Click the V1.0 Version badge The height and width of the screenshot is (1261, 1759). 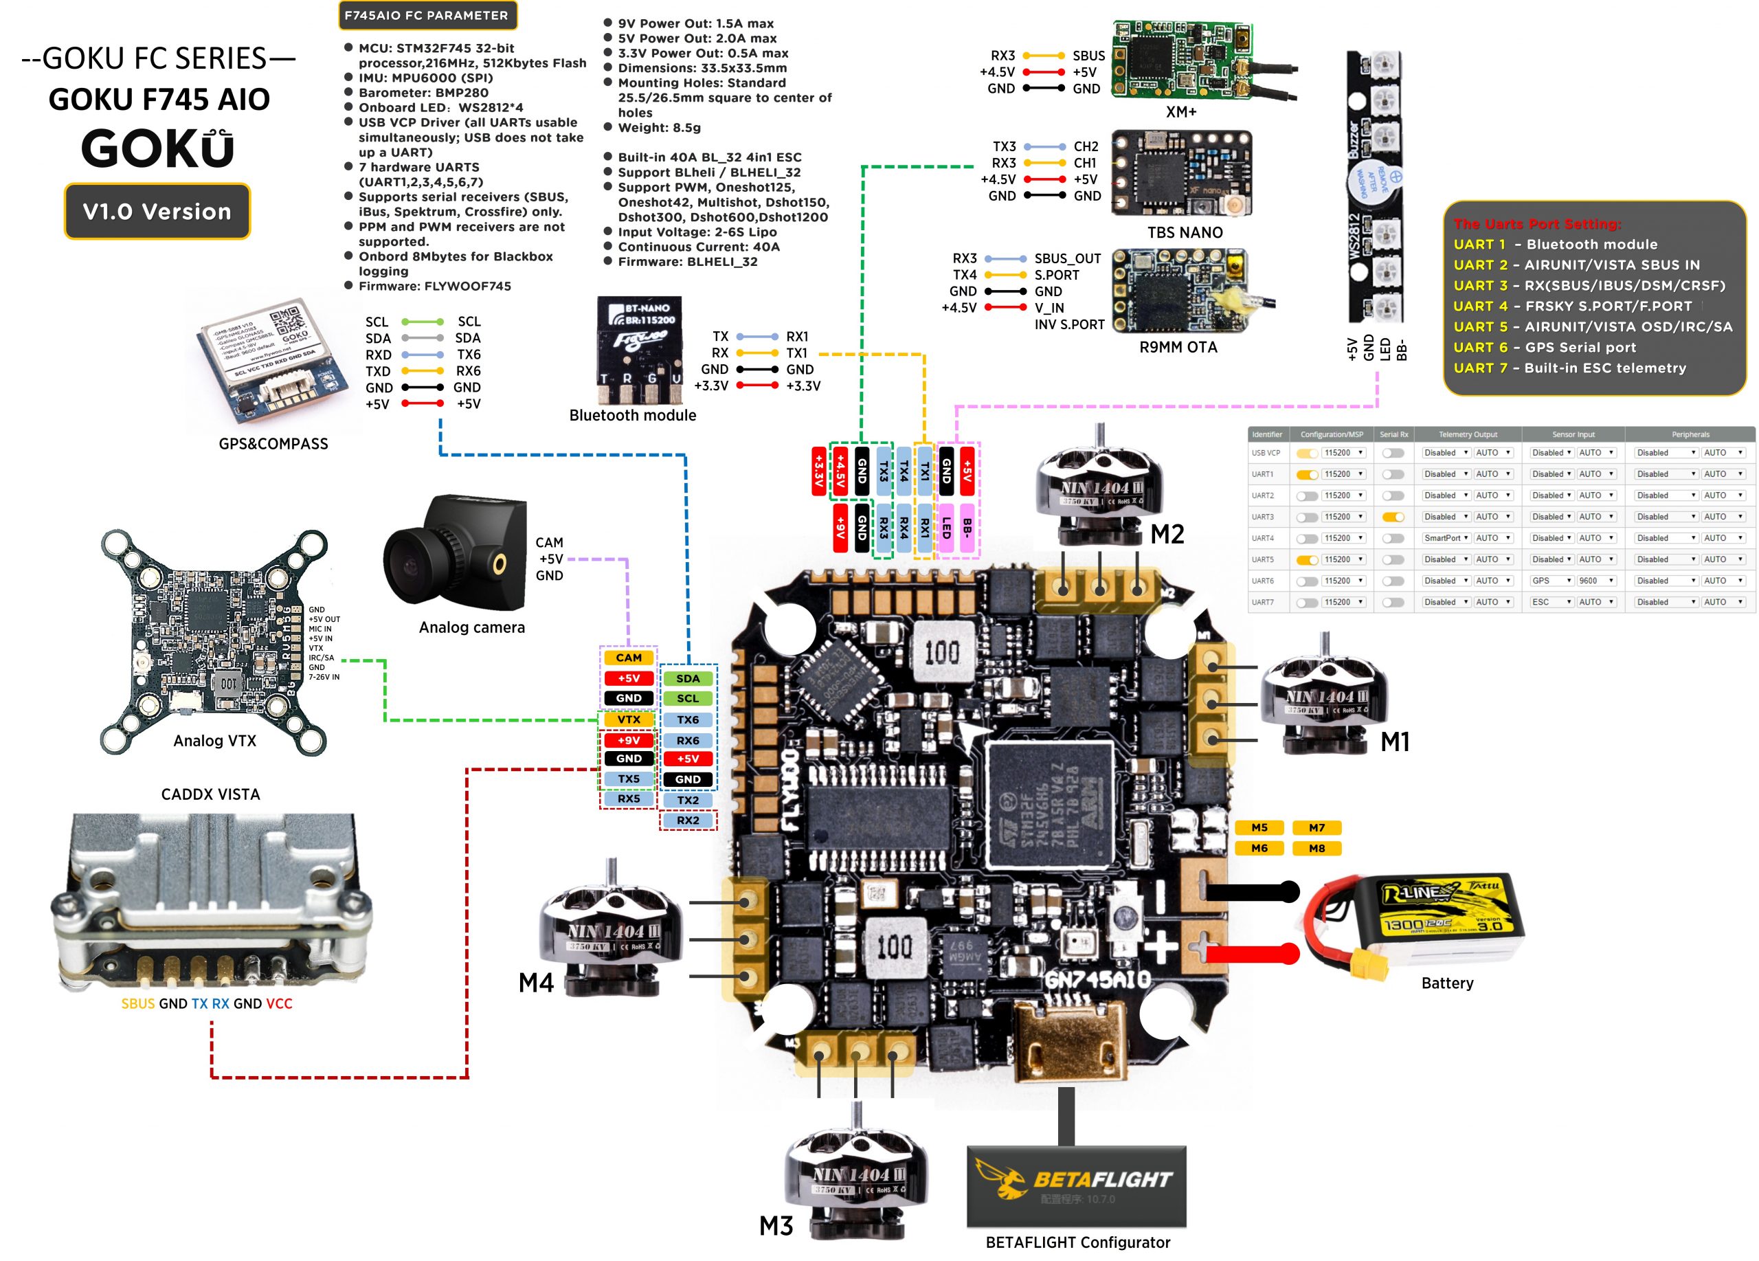tap(157, 211)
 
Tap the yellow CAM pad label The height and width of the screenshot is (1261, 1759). tap(628, 658)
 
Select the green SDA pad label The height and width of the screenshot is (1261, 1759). tap(687, 678)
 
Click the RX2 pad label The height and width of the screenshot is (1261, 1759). tap(687, 820)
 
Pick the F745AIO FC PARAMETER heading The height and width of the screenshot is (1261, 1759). tap(427, 16)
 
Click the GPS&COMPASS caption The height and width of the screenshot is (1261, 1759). tap(273, 444)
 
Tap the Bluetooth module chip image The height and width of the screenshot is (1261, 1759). tap(640, 349)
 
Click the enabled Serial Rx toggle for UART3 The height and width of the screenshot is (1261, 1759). tap(1393, 517)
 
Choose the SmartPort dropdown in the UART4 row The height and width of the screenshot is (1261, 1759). tap(1445, 538)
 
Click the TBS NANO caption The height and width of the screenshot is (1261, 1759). tap(1185, 233)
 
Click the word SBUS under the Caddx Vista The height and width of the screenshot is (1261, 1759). tap(138, 1003)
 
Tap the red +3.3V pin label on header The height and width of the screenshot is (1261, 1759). tap(818, 470)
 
